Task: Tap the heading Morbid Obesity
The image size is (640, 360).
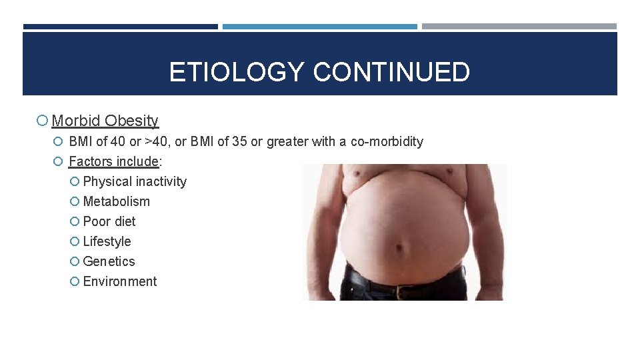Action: coord(105,121)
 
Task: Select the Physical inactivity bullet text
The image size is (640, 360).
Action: coord(135,181)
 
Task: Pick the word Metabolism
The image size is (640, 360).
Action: coord(116,201)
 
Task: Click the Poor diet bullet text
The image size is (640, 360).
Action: coord(109,221)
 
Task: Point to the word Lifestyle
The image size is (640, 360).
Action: coord(107,241)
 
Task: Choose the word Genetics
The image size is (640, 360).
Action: coord(109,261)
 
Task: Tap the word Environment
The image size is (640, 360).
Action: coord(120,281)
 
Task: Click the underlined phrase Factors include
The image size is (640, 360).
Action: coord(113,161)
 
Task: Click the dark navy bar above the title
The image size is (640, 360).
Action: coord(120,27)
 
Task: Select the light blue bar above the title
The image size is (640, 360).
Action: coord(320,27)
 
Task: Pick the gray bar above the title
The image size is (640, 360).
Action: coord(519,27)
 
